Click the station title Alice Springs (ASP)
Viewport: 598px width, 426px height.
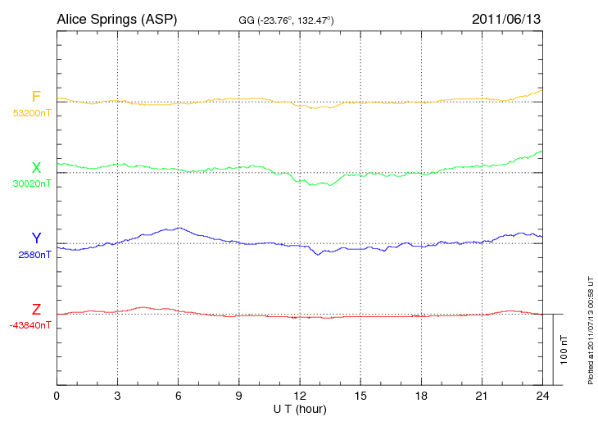(x=116, y=19)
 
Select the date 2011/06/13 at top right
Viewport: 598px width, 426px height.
(x=506, y=19)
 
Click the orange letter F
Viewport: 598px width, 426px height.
(x=36, y=97)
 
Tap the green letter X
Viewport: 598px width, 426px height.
(x=36, y=168)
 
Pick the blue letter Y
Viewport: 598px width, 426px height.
(x=36, y=238)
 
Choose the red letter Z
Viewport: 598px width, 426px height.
(x=36, y=310)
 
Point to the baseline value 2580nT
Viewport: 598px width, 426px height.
(x=34, y=255)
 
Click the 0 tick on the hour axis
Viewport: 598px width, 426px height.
(x=57, y=397)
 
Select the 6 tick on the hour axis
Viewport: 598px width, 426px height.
(x=179, y=397)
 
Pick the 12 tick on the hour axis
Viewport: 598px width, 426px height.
(x=300, y=397)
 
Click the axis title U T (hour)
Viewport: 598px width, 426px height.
(x=300, y=409)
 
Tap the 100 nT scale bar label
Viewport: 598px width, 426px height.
(x=564, y=350)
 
